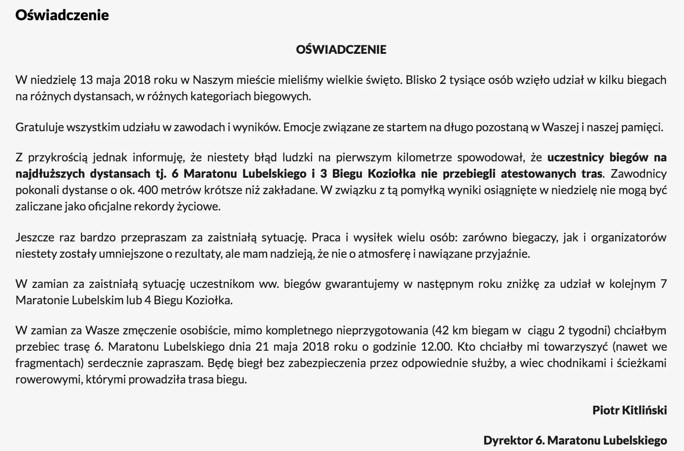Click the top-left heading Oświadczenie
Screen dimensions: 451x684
point(62,15)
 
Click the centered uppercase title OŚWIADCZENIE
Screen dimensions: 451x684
point(341,49)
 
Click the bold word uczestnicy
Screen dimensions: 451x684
point(575,158)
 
